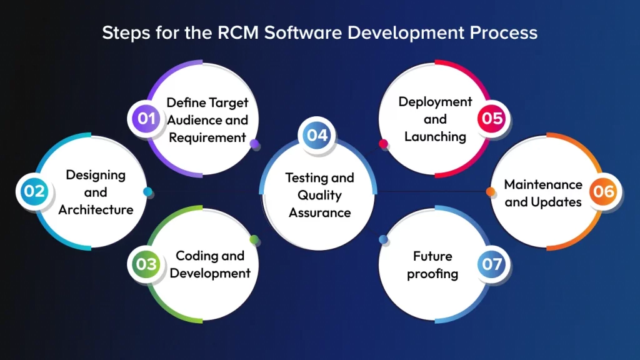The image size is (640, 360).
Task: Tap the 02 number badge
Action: pos(34,191)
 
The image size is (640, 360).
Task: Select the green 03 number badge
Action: pos(146,264)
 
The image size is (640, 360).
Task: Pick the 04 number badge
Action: pos(317,135)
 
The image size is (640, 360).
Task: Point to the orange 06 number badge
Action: pos(604,191)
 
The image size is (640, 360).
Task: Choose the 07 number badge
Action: pos(492,264)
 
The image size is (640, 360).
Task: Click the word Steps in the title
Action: pos(124,32)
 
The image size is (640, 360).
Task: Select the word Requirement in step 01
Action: pos(207,137)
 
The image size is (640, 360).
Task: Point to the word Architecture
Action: pos(96,209)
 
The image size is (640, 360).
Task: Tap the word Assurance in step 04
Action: pos(319,212)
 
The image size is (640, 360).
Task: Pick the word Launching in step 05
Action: pos(435,136)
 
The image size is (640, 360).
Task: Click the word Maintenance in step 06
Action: pos(543,184)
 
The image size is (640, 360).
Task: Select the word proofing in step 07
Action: pos(432,274)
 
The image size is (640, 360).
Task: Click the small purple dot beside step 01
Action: pos(254,144)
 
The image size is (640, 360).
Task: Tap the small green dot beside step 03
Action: pos(254,239)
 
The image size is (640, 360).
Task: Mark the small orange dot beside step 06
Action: pos(491,191)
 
